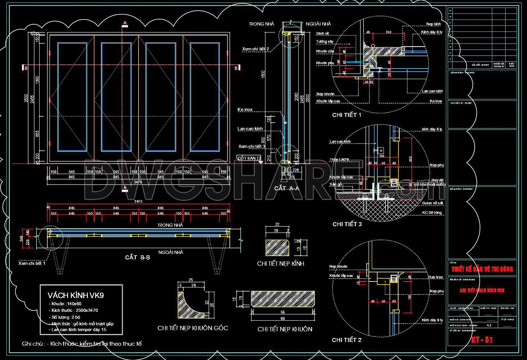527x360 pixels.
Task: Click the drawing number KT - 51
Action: click(482, 340)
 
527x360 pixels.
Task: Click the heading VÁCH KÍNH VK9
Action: click(76, 296)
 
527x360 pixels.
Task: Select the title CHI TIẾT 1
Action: click(347, 115)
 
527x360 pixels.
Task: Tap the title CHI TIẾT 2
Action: click(347, 340)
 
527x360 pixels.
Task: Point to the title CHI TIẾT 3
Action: click(347, 224)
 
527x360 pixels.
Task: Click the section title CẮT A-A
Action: click(287, 188)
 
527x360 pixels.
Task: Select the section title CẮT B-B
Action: click(137, 257)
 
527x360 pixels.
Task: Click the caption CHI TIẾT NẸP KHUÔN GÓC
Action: click(193, 328)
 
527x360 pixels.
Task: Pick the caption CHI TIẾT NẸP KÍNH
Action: click(281, 263)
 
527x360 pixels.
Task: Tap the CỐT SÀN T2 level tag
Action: click(249, 158)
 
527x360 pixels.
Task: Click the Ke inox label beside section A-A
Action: click(245, 109)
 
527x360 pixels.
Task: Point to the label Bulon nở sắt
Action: click(432, 203)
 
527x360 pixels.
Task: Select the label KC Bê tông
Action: click(432, 213)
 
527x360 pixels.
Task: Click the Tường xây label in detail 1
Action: click(325, 42)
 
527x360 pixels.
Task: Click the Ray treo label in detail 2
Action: click(436, 277)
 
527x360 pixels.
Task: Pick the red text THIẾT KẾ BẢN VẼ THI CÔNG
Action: click(482, 269)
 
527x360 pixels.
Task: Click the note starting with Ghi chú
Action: click(82, 344)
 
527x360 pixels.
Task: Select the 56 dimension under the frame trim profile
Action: click(283, 312)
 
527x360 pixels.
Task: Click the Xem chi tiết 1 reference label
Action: click(32, 263)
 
